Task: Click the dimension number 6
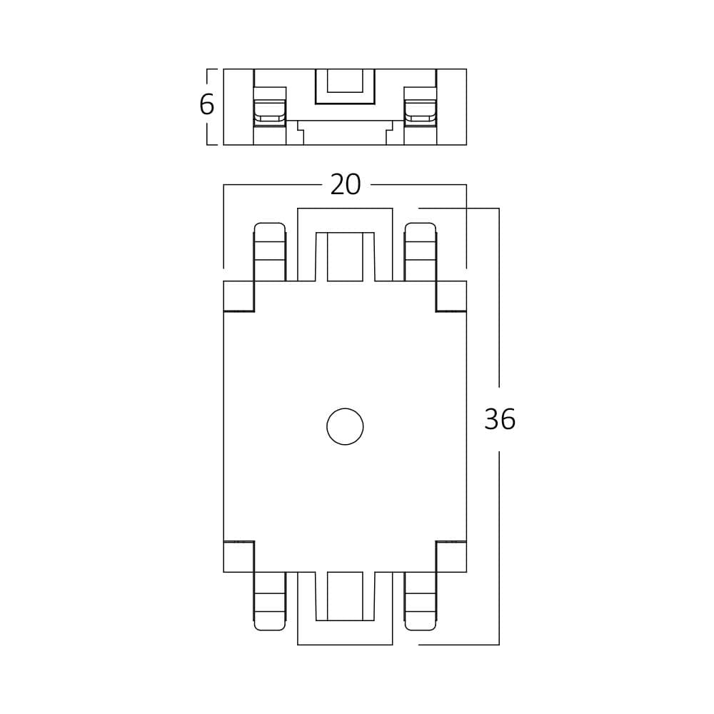(206, 105)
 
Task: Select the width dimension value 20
(346, 185)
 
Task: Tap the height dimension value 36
(499, 420)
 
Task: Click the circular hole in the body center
(345, 426)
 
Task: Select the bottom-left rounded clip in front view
(270, 601)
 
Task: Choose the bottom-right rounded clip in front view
(421, 601)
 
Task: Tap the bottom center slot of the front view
(345, 597)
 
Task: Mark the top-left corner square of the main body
(238, 296)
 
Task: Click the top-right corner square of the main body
(451, 296)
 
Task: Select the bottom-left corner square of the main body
(238, 557)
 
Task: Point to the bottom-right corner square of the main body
(451, 557)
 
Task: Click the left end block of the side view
(238, 107)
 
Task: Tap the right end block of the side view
(451, 107)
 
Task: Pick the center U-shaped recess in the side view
(345, 86)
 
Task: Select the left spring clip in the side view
(270, 109)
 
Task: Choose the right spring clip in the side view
(421, 109)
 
